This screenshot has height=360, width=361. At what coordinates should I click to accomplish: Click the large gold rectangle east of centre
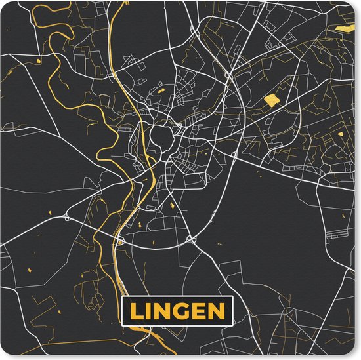(x=270, y=100)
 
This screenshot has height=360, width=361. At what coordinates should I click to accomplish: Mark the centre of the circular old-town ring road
(x=159, y=139)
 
